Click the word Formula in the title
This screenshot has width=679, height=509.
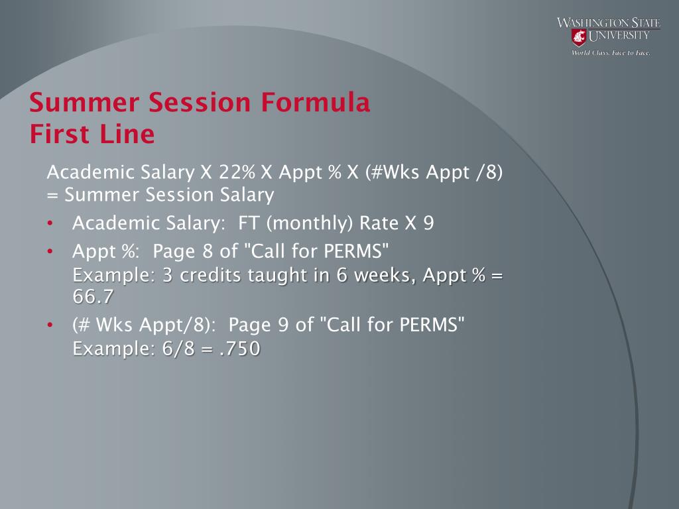click(315, 102)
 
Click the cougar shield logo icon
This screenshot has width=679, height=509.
click(578, 37)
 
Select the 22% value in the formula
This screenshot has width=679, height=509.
click(237, 172)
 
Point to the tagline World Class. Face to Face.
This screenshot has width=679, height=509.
click(611, 53)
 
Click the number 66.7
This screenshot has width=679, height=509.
click(93, 296)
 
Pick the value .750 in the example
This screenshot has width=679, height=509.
click(239, 349)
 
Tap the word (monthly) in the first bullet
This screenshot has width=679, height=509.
click(310, 223)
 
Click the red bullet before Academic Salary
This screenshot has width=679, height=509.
click(50, 223)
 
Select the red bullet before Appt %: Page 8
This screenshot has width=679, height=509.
click(50, 251)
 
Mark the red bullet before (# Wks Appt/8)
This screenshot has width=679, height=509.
click(50, 325)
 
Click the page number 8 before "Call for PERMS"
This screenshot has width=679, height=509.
click(208, 251)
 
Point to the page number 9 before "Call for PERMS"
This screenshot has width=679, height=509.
click(283, 325)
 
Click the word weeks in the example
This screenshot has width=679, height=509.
click(385, 275)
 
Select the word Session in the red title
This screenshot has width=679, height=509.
click(200, 102)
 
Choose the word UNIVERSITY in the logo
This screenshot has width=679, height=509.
click(619, 36)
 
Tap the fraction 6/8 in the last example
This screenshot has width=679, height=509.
click(178, 349)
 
